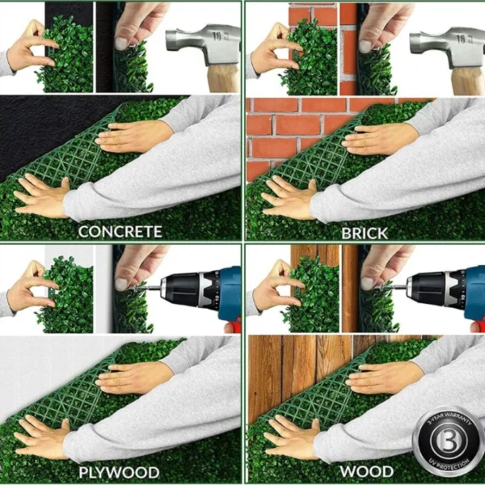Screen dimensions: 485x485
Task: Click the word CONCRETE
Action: [x=120, y=232]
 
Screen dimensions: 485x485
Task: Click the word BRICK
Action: [x=365, y=232]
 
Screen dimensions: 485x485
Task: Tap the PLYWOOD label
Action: [x=119, y=471]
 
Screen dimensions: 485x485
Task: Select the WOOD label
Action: [x=366, y=471]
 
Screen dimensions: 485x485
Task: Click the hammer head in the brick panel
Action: [x=445, y=44]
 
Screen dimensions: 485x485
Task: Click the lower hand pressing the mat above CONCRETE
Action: [x=40, y=195]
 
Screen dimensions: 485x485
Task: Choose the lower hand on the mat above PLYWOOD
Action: [x=40, y=437]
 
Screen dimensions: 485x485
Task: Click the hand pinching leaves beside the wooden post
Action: [x=273, y=288]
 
